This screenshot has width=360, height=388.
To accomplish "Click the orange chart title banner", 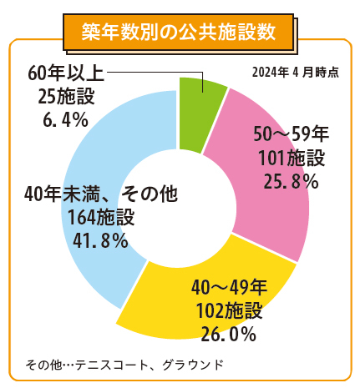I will pyautogui.click(x=180, y=32).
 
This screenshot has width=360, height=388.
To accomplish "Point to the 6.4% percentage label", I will pyautogui.click(x=65, y=121).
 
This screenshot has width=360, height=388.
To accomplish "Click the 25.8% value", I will pyautogui.click(x=286, y=181).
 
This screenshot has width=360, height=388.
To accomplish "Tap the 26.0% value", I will pyautogui.click(x=228, y=335).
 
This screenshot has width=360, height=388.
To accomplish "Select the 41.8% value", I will pyautogui.click(x=99, y=241).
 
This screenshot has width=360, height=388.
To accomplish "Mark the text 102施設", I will pyautogui.click(x=228, y=312).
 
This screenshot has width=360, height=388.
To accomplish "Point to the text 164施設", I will pyautogui.click(x=100, y=218).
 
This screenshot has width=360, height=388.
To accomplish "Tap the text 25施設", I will pyautogui.click(x=64, y=97).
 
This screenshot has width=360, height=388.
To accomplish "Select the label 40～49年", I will pyautogui.click(x=228, y=289).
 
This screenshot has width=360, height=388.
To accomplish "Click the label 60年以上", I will pyautogui.click(x=64, y=73).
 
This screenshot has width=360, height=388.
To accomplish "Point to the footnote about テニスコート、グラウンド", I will pyautogui.click(x=124, y=365).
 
